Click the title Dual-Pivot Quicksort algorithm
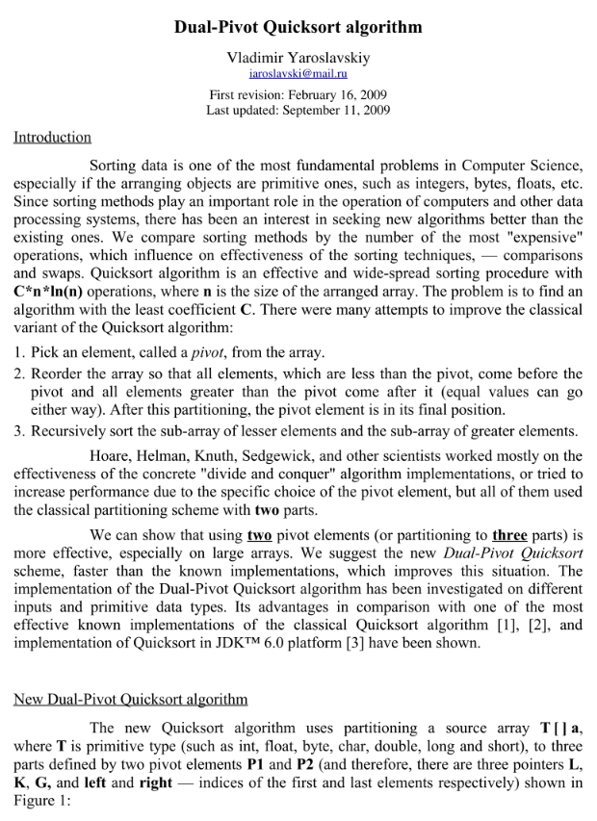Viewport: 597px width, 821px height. (x=298, y=27)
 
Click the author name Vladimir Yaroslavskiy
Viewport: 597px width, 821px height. (x=298, y=58)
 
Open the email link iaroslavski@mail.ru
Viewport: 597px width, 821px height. (x=298, y=73)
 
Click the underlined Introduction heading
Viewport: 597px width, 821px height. (x=52, y=138)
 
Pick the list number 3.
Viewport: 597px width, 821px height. (x=19, y=430)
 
